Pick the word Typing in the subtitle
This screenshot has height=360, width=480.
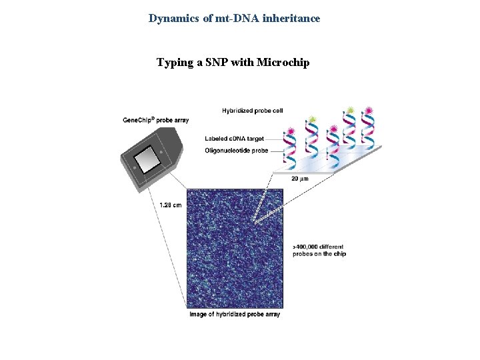(x=175, y=63)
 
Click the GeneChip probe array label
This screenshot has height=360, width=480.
(x=155, y=120)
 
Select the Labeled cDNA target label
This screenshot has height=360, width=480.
(x=235, y=139)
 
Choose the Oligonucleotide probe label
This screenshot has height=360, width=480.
(x=237, y=151)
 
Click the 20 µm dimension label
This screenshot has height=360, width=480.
(x=299, y=179)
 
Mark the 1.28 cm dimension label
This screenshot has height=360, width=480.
(x=170, y=205)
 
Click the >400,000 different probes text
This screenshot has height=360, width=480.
(x=319, y=250)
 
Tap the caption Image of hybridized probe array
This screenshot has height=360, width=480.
(x=234, y=314)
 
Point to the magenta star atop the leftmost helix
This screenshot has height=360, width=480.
(x=291, y=131)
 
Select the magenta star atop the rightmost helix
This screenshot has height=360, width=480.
(x=369, y=111)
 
